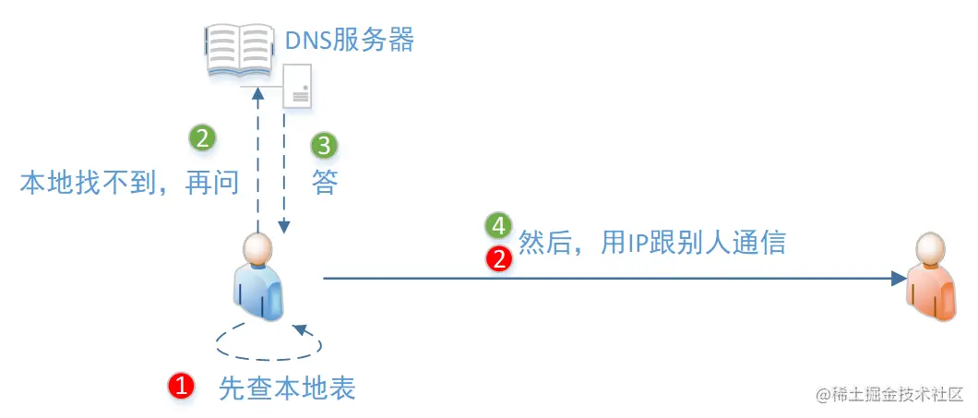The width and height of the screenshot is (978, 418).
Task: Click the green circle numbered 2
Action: (x=202, y=138)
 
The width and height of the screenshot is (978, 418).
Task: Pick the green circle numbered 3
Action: (x=324, y=145)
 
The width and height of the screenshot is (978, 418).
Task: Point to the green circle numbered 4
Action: (x=498, y=226)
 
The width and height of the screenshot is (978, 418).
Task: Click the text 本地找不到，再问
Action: (x=130, y=182)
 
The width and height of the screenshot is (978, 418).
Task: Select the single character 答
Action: (x=324, y=182)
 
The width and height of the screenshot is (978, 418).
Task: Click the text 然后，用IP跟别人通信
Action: (x=652, y=242)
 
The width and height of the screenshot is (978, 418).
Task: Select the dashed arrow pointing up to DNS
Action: (x=258, y=157)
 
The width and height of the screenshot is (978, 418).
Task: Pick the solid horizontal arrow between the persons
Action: (x=609, y=277)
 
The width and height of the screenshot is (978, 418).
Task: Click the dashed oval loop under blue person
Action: (x=268, y=342)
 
